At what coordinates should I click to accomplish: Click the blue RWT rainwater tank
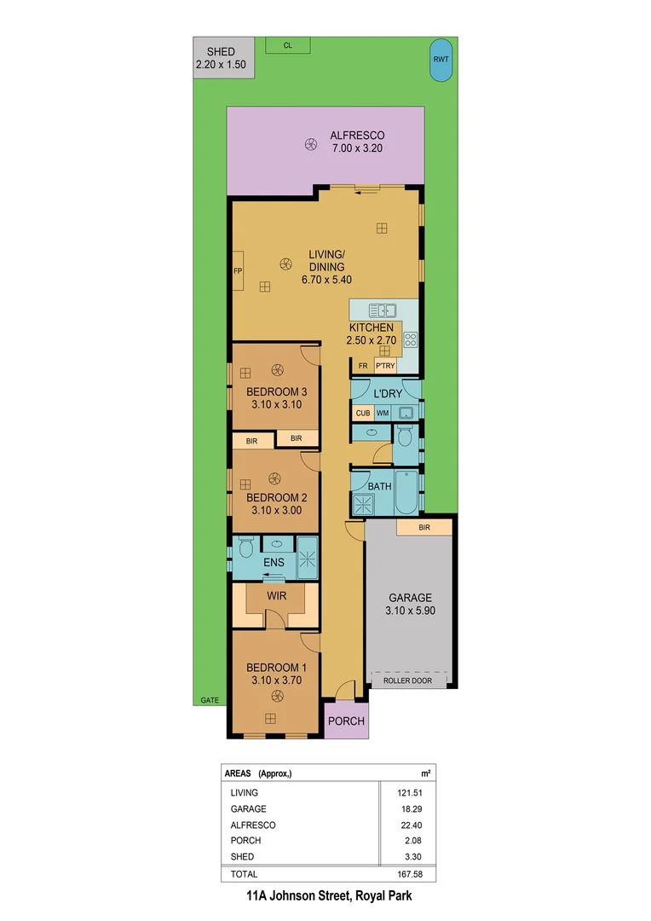pyautogui.click(x=441, y=61)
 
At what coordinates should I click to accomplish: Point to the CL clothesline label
pyautogui.click(x=288, y=46)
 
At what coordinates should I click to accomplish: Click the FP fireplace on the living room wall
pyautogui.click(x=238, y=271)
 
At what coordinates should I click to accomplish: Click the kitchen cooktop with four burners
pyautogui.click(x=410, y=339)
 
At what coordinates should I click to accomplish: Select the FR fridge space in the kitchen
pyautogui.click(x=363, y=366)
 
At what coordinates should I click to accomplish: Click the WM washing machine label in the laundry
pyautogui.click(x=383, y=414)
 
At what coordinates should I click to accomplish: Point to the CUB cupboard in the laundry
pyautogui.click(x=363, y=414)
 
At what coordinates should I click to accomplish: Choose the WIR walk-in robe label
pyautogui.click(x=276, y=595)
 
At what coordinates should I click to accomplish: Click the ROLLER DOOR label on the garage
pyautogui.click(x=407, y=680)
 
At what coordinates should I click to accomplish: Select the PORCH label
pyautogui.click(x=347, y=721)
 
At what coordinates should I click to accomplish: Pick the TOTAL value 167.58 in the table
pyautogui.click(x=410, y=874)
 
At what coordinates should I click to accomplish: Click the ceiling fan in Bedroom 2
pyautogui.click(x=274, y=478)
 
